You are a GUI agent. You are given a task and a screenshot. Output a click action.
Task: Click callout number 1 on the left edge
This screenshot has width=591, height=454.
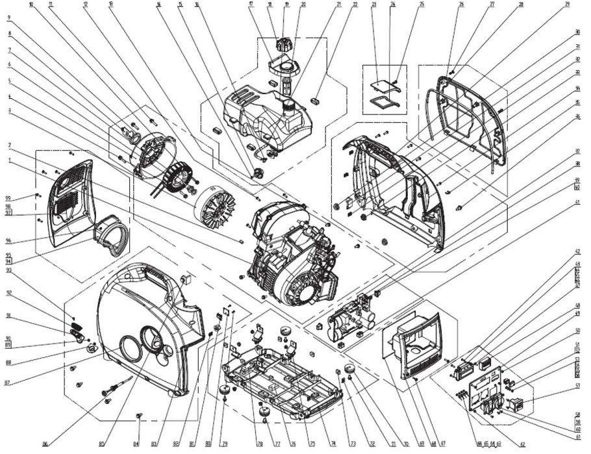[x=8, y=159]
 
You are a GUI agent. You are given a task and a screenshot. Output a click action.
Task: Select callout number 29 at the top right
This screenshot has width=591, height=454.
[x=567, y=5]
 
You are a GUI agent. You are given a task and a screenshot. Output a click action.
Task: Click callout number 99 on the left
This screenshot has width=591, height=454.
[x=8, y=197]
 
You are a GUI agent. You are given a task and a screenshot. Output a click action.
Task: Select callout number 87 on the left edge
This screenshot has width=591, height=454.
[x=8, y=383]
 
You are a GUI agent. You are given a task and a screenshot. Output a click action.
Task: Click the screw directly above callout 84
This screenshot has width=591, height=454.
[x=138, y=414]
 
